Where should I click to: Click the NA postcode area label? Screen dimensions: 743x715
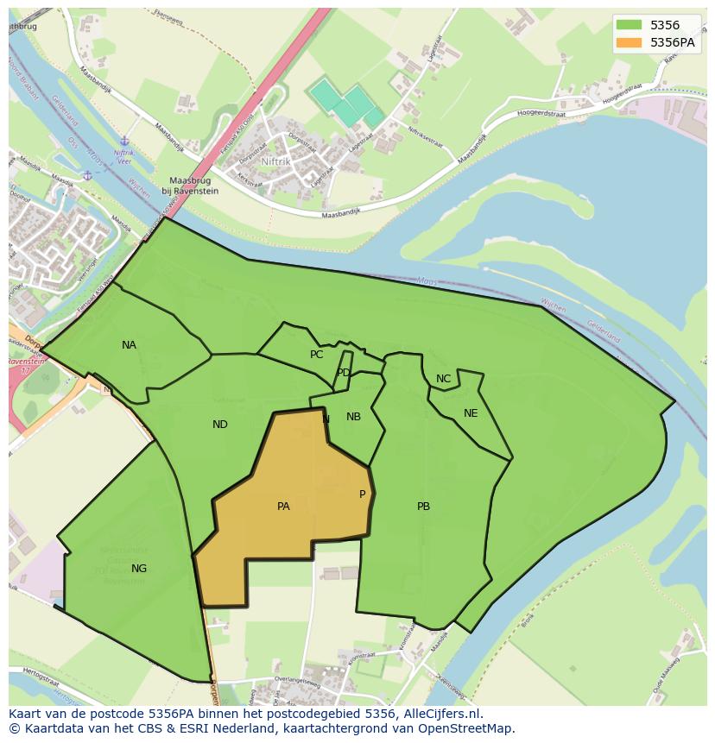point(129,345)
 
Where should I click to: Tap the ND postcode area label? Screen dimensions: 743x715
point(220,425)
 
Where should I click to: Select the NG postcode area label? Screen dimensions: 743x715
point(139,568)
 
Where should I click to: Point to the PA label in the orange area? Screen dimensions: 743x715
point(283,507)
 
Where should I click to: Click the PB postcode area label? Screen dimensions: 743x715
point(423,507)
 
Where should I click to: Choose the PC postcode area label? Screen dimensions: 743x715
point(317,355)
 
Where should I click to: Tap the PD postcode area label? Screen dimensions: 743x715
point(344,373)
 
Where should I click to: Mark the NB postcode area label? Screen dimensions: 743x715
point(353,417)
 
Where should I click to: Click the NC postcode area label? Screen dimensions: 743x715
point(443,379)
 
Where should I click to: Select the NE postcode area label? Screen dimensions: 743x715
point(471,413)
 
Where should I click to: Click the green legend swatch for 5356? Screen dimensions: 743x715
point(629,25)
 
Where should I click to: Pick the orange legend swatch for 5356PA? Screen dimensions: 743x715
point(629,41)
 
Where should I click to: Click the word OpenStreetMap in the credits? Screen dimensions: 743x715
point(471,728)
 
